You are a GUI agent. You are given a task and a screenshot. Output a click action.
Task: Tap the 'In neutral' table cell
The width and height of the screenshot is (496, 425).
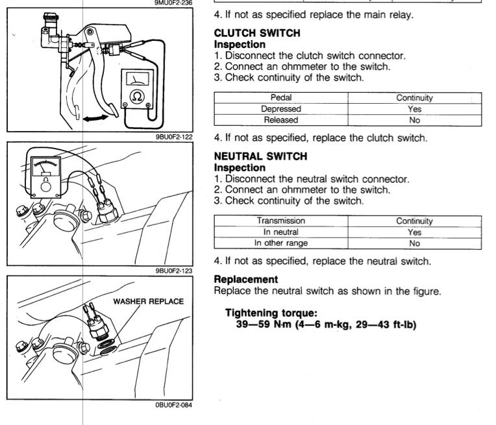(281, 232)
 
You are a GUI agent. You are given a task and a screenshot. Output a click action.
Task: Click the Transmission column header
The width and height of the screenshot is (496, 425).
(281, 221)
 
